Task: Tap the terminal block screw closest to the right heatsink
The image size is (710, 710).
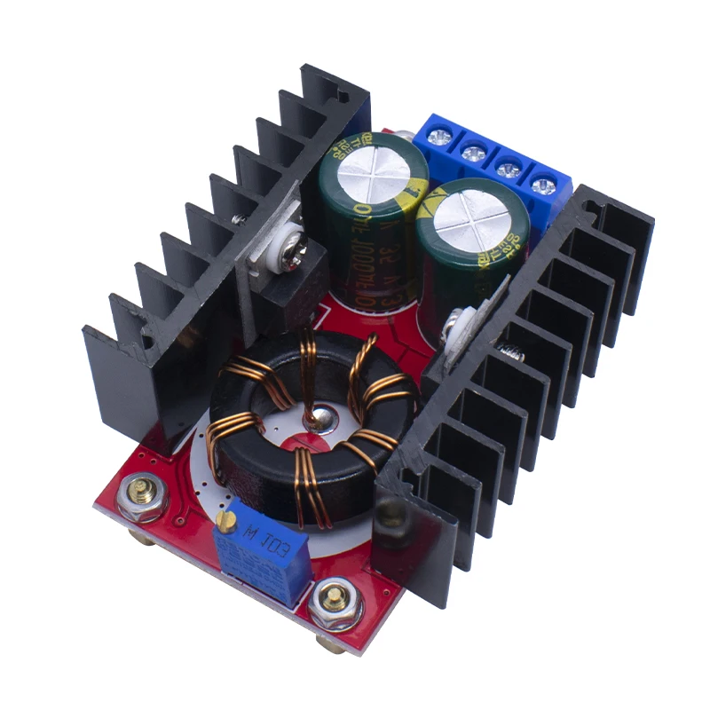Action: point(541,185)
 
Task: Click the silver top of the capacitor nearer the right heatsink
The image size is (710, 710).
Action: point(471,219)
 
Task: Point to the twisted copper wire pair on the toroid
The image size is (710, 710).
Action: point(305,373)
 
